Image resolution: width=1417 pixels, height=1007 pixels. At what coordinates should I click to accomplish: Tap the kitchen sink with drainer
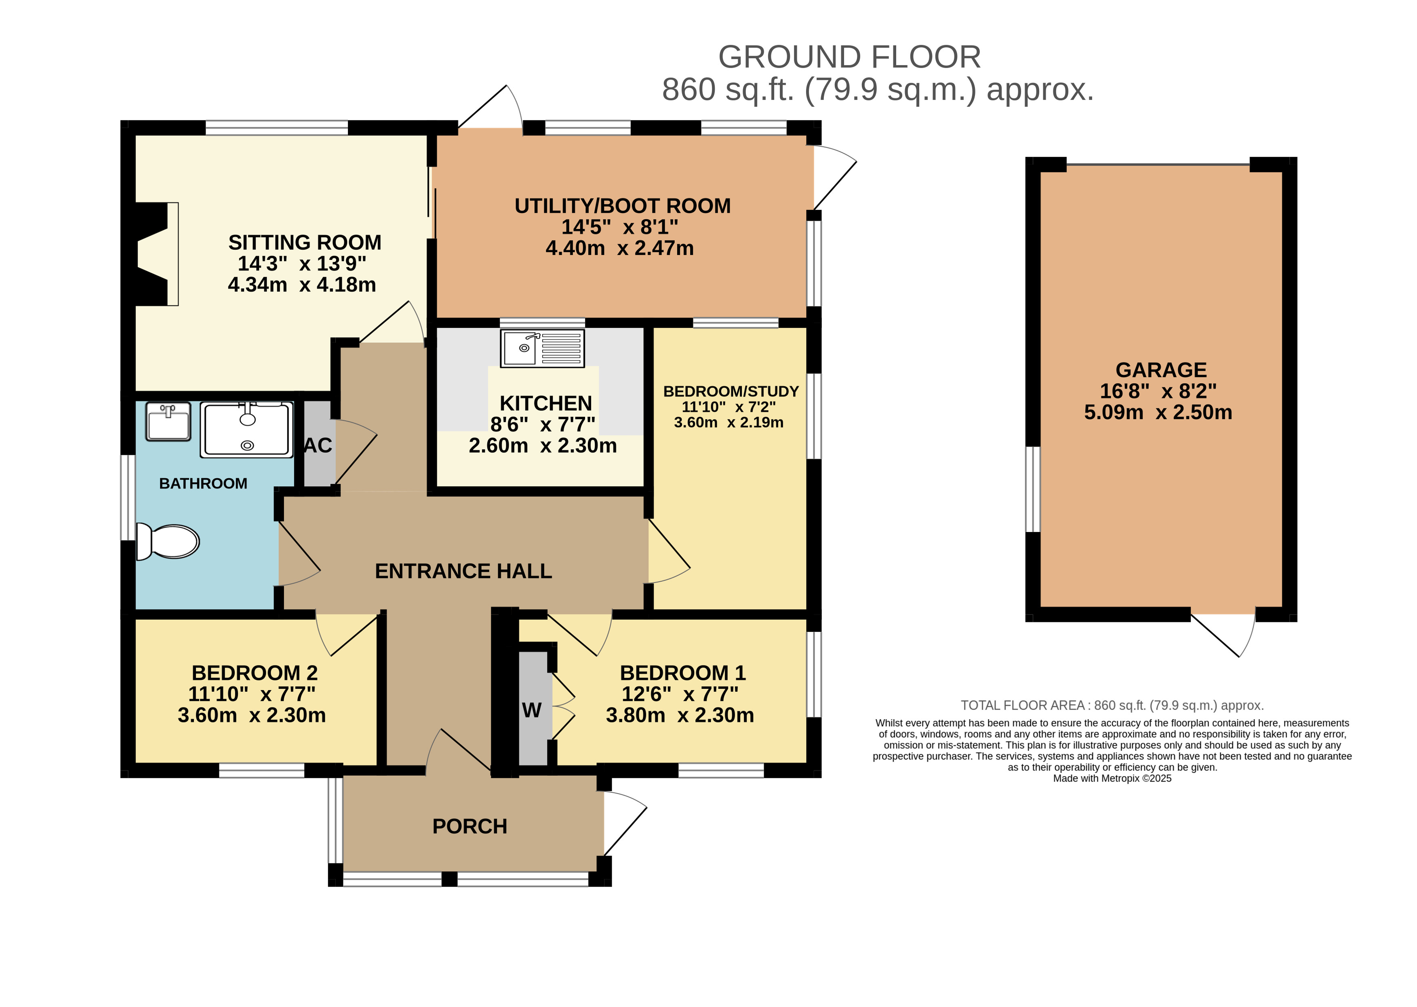point(542,348)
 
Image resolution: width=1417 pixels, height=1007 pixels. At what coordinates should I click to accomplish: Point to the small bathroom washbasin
point(168,422)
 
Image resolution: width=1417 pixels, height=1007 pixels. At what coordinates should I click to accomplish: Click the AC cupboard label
point(318,445)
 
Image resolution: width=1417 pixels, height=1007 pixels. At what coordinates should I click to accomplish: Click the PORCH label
point(470,827)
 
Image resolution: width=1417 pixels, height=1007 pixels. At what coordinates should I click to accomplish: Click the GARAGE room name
point(1161,370)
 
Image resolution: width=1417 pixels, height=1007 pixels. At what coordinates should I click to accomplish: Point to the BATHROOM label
point(203,483)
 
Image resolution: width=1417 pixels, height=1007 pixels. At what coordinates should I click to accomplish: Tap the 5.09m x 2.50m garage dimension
point(1158,412)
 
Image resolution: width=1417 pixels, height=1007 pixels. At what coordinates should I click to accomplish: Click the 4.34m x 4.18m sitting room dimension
point(302,285)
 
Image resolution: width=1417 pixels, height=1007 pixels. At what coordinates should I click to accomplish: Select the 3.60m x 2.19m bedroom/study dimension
point(729,422)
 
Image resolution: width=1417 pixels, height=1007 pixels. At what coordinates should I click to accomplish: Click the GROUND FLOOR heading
point(849,57)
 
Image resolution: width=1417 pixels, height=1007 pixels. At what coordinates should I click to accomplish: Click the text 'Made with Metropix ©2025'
point(1112,778)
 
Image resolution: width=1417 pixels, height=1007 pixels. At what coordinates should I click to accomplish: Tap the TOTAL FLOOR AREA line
point(1112,706)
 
